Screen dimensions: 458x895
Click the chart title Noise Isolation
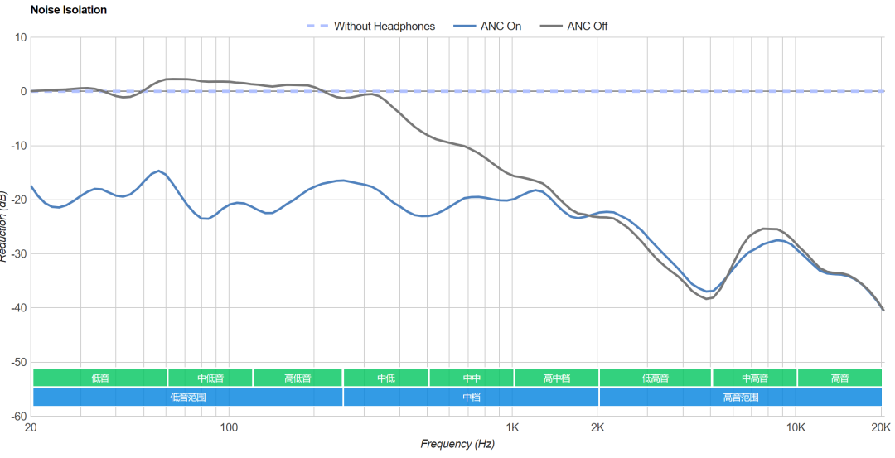(68, 10)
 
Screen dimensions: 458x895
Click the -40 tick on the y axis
(18, 308)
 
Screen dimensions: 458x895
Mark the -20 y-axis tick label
(18, 200)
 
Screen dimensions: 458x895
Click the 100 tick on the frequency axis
(229, 427)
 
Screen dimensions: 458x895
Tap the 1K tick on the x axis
(512, 427)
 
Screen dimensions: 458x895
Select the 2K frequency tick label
(597, 427)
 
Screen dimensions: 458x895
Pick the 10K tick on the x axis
(796, 427)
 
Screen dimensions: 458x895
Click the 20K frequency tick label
(881, 427)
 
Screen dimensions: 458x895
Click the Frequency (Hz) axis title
(457, 444)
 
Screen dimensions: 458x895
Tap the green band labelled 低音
(99, 378)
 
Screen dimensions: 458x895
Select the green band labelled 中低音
(210, 378)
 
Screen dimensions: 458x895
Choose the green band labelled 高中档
(556, 378)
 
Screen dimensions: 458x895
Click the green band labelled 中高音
(754, 378)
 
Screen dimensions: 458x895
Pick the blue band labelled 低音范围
(187, 397)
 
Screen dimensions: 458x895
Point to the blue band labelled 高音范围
(740, 397)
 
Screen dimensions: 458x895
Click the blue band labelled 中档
(471, 397)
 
